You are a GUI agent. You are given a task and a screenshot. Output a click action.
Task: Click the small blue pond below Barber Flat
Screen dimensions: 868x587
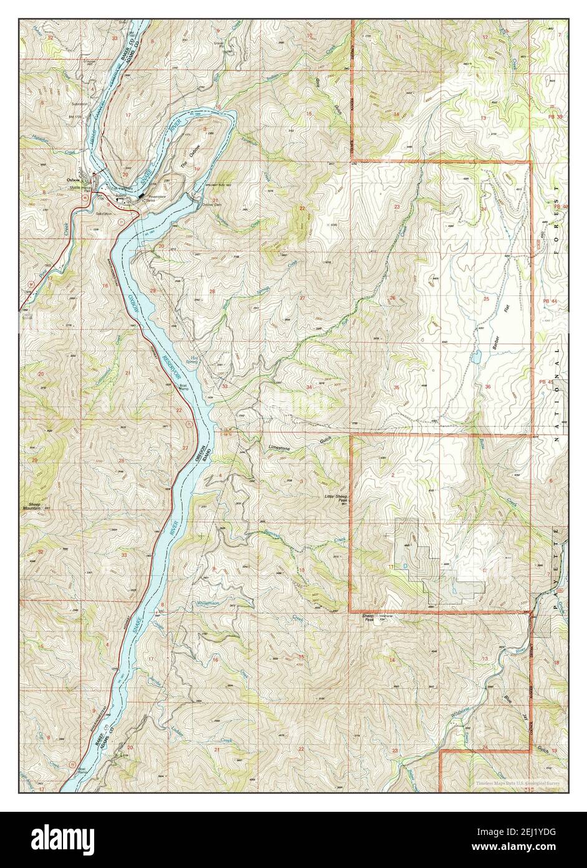[476, 358]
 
